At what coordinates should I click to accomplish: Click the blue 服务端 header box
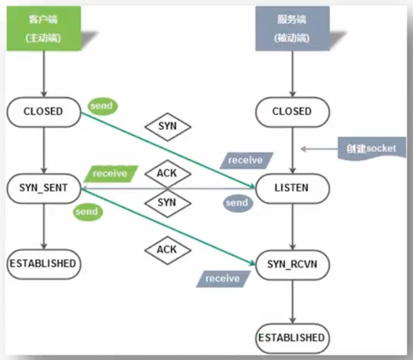pos(289,28)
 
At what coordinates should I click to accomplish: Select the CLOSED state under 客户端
pos(43,112)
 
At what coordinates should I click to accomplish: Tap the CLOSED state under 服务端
pos(291,112)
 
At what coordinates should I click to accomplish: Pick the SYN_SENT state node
pos(44,188)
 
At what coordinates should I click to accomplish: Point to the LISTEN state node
pos(291,188)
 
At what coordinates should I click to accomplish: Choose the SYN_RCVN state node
pos(292,263)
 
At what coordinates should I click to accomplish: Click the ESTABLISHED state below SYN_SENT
pos(43,263)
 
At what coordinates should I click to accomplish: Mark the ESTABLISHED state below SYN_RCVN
pos(292,339)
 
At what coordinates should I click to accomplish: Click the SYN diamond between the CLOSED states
pos(167,126)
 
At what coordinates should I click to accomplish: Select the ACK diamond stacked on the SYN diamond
pos(166,172)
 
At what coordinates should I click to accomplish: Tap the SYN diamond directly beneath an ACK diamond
pos(166,203)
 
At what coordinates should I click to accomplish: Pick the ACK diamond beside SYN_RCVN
pos(166,250)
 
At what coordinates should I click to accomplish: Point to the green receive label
pos(110,173)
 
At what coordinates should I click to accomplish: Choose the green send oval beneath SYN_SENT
pos(87,211)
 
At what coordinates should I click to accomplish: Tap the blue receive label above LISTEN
pos(245,160)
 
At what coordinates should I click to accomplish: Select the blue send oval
pos(237,203)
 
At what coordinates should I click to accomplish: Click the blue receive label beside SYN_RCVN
pos(223,278)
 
